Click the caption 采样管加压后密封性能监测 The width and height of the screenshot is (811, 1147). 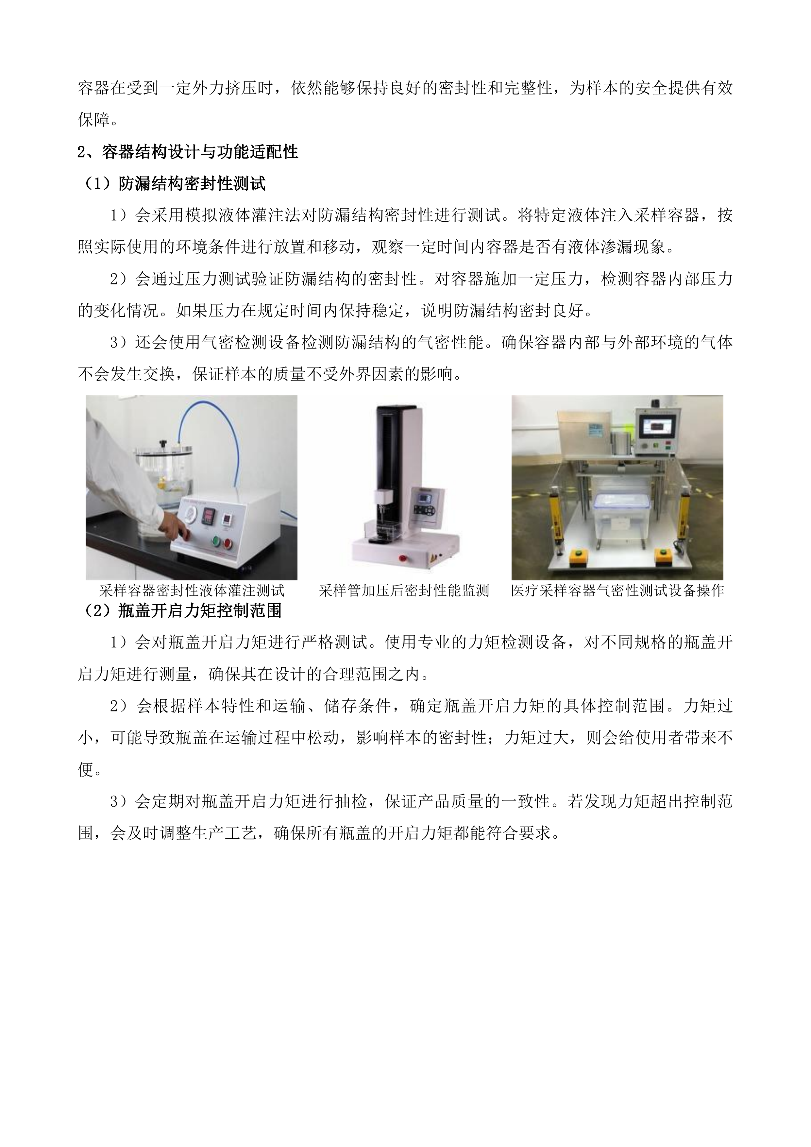[x=403, y=591]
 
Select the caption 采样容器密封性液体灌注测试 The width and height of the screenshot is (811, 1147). [x=192, y=591]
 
